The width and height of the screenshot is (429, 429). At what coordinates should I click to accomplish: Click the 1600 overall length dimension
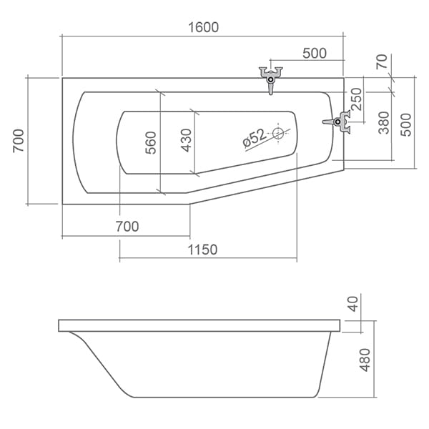204,27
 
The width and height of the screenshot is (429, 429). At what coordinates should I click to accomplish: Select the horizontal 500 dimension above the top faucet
315,54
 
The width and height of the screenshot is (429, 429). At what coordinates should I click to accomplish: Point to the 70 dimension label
382,61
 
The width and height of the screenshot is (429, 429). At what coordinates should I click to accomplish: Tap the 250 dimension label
356,99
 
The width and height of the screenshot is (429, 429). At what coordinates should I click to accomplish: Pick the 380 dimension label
383,122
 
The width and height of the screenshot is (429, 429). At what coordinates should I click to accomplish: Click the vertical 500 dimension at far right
406,124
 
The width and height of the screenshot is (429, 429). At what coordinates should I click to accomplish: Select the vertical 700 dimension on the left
19,141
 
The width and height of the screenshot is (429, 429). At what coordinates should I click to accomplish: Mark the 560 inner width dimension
150,143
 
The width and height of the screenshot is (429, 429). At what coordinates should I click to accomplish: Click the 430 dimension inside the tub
186,140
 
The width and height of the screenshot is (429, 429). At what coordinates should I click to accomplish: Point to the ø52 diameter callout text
254,138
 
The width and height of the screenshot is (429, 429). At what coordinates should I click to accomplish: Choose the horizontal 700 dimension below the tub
127,227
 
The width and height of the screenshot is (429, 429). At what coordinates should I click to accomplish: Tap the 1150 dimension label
202,250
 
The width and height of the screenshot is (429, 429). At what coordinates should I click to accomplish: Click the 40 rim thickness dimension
353,304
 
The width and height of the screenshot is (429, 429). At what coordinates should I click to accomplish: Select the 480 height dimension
365,360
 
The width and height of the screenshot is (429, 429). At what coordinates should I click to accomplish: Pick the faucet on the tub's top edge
270,79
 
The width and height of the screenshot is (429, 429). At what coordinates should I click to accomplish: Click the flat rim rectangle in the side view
199,325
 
